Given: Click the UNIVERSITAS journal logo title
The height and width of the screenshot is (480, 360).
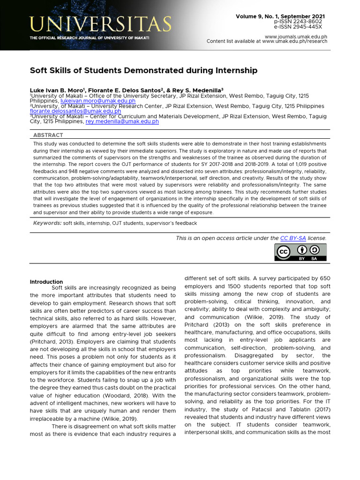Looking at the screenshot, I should coord(101,23).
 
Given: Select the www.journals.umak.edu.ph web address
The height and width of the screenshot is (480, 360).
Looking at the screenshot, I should coord(296,36).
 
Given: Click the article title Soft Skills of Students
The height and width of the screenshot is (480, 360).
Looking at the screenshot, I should coord(144,70).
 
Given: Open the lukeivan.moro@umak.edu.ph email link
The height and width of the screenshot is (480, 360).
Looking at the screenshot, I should coord(98,101).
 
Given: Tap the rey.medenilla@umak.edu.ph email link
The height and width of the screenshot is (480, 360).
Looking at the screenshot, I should coord(122,121).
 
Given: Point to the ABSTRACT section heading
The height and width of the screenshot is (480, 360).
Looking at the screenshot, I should coord(48,135).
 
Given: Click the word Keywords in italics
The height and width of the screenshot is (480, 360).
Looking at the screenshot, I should coord(47,223).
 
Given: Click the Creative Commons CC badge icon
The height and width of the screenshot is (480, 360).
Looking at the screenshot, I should coord(283,252).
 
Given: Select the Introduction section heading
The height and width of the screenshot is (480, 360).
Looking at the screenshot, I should coord(46,282).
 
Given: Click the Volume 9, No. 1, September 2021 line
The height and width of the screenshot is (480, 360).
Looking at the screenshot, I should coord(280,16).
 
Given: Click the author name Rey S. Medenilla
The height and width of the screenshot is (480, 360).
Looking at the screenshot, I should coord(197,90).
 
